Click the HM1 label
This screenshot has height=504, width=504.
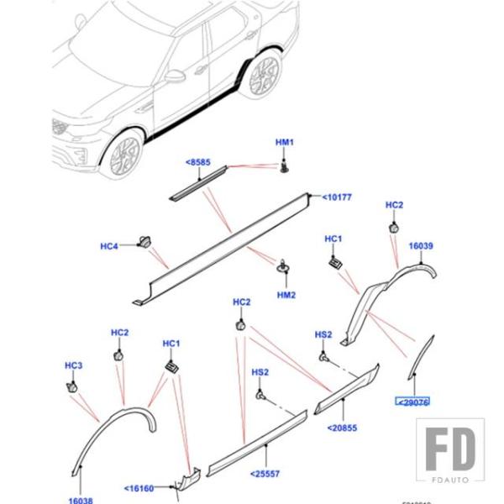(x=285, y=144)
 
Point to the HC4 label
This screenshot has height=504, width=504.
(x=110, y=246)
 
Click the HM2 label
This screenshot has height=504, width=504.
(x=286, y=296)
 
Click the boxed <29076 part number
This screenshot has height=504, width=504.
(x=412, y=402)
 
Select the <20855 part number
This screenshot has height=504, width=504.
(x=341, y=428)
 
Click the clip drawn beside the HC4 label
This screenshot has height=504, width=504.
(x=144, y=244)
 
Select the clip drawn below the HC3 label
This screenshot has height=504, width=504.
(x=72, y=386)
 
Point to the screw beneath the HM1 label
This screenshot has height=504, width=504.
(x=285, y=169)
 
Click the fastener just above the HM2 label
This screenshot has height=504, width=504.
(x=283, y=268)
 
